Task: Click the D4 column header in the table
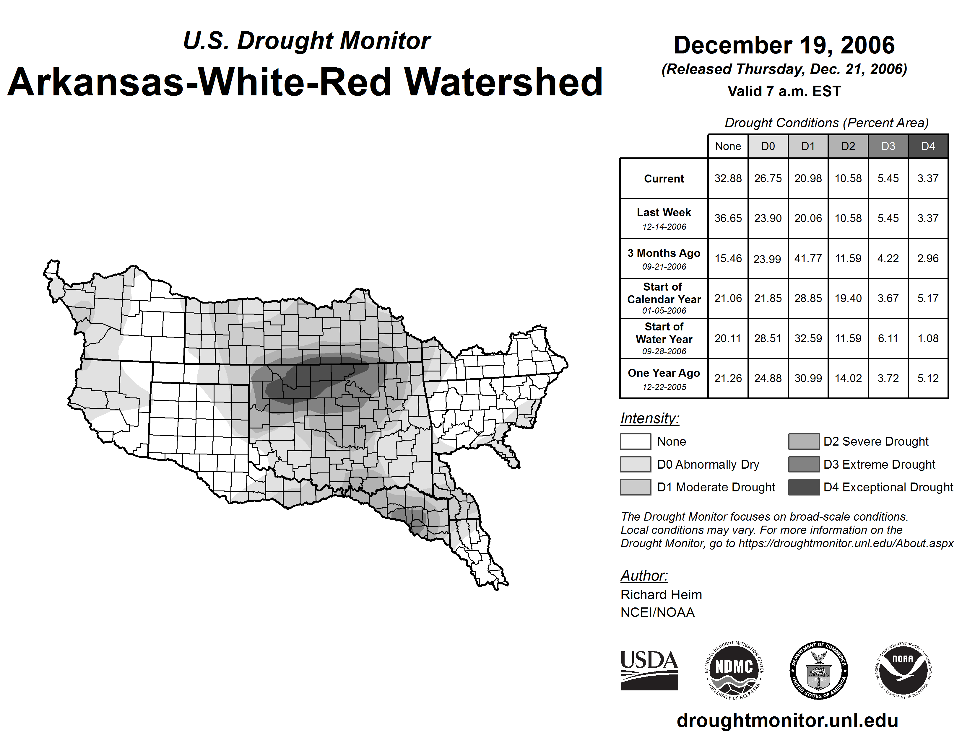click(928, 146)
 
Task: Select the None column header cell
click(728, 146)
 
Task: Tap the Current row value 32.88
click(728, 178)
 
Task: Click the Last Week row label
click(664, 218)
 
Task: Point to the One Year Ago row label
click(664, 378)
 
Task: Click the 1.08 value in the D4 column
click(928, 338)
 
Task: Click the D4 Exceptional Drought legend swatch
click(804, 487)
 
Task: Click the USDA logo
click(649, 670)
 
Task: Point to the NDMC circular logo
click(734, 670)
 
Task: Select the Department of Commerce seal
click(819, 670)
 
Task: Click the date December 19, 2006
click(784, 45)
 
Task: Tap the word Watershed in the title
click(503, 82)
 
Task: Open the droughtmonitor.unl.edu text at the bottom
click(787, 721)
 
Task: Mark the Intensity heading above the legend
click(649, 418)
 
